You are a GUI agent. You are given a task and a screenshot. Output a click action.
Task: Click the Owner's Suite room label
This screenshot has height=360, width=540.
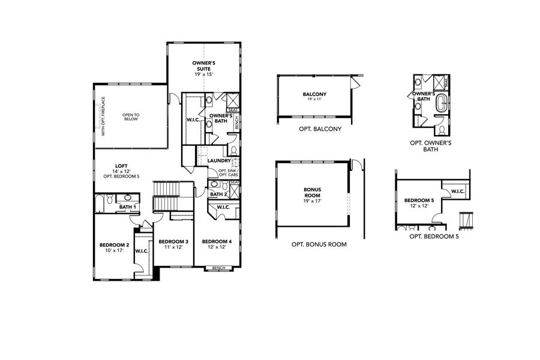204,65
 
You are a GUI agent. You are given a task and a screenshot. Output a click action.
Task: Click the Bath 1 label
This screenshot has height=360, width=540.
127,207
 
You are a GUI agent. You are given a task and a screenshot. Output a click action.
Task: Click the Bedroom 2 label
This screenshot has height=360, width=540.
114,245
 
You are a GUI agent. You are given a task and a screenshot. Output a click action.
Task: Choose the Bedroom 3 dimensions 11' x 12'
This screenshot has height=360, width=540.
173,247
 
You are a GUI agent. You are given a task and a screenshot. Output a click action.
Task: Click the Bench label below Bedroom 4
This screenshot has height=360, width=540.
215,268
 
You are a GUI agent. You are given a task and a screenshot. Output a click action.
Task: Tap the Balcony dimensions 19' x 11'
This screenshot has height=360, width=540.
314,100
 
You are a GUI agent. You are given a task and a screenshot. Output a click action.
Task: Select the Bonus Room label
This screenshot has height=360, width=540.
312,192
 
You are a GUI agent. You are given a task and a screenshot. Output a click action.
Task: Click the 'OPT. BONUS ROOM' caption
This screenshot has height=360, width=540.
319,244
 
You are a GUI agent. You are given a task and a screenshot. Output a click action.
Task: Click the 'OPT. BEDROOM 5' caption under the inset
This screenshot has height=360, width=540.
433,236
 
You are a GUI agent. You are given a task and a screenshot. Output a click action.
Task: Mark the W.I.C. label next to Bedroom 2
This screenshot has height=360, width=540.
142,251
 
